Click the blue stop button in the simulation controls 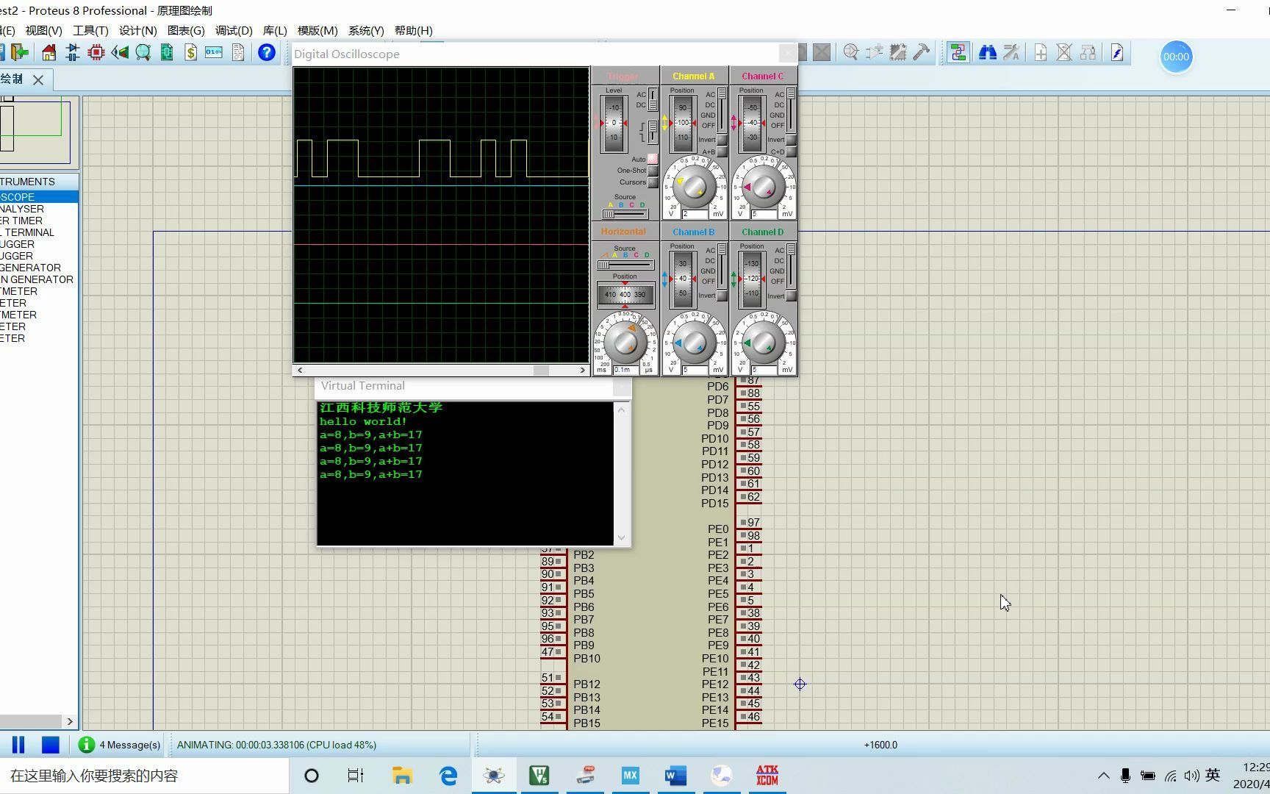[50, 745]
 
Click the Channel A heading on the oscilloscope [693, 76]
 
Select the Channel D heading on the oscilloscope [762, 232]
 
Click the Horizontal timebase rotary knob [625, 342]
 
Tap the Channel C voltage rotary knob [763, 186]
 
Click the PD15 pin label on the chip [714, 504]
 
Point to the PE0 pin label [718, 529]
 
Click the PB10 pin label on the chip [586, 659]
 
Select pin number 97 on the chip [753, 523]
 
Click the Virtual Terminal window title [362, 386]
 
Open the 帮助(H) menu [413, 31]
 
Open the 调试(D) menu [234, 31]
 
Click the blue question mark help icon [267, 53]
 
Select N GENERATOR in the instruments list [37, 279]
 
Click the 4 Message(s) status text [129, 745]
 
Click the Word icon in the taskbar [675, 776]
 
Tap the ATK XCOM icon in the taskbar [767, 776]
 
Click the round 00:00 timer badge [1176, 57]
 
